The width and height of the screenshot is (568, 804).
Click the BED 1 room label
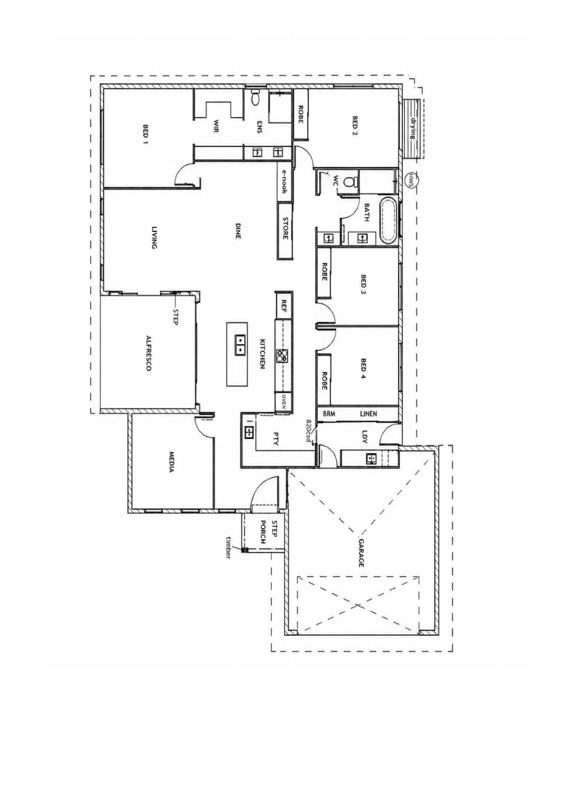click(145, 134)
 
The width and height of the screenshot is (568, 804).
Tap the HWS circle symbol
click(411, 177)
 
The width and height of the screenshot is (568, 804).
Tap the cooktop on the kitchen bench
click(282, 355)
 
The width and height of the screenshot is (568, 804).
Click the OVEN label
click(284, 401)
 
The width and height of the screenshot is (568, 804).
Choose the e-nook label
click(284, 181)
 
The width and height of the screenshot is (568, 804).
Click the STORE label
click(285, 228)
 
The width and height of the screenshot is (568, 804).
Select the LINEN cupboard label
click(368, 413)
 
